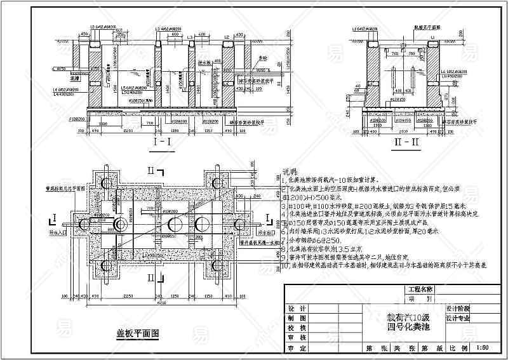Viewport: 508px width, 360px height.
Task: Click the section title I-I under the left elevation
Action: tap(164, 142)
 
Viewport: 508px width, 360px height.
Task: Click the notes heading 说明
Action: tap(290, 172)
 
